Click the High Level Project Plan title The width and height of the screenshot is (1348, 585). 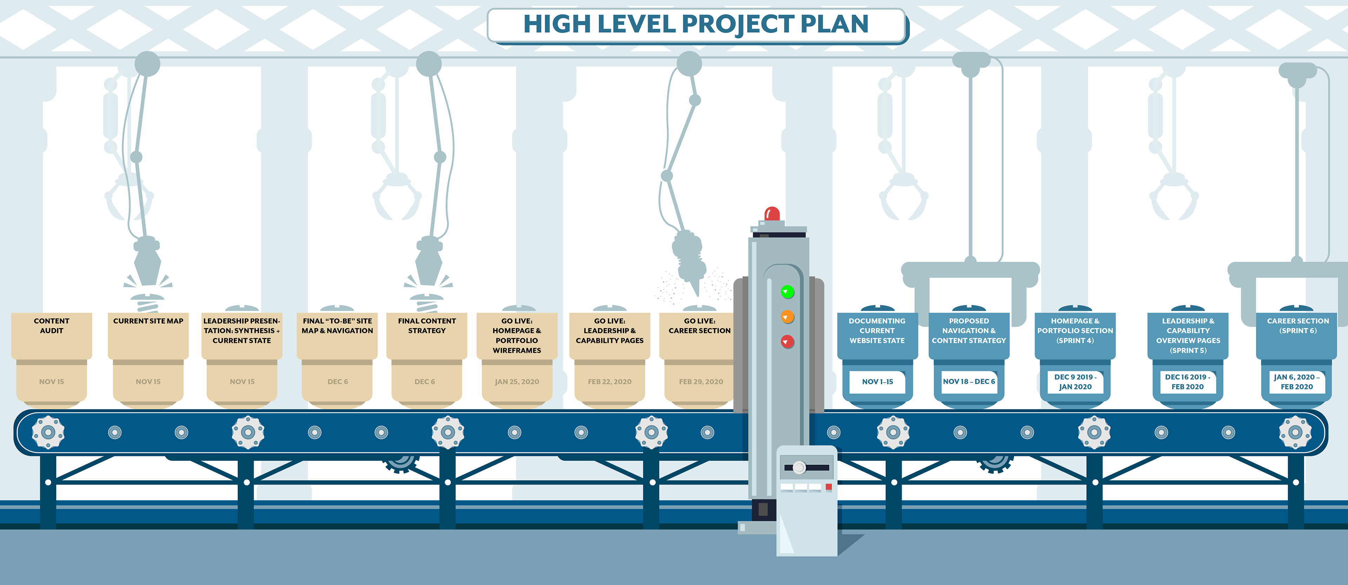coord(696,24)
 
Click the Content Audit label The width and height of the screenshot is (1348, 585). coord(51,326)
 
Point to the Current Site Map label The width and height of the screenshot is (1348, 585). coord(148,321)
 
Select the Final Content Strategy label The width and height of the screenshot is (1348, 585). coord(427,326)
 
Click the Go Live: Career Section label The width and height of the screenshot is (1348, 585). coord(699,326)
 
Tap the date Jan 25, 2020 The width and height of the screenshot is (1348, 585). coord(517,382)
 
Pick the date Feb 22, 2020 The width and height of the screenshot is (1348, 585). coord(610,382)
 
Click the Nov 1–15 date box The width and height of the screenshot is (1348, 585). coord(878,382)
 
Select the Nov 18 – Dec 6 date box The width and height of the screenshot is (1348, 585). coord(969,382)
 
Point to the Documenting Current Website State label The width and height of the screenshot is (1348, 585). coord(877,331)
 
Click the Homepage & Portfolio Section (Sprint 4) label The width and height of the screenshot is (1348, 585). coord(1075,331)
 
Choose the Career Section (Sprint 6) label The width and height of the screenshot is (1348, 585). coord(1298,326)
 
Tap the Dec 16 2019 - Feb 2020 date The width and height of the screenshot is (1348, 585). coord(1187,382)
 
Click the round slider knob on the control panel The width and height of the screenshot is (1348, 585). coord(799,467)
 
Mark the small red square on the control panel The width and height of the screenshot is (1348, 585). coord(828,487)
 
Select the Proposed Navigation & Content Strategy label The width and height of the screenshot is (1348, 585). coord(969,331)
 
